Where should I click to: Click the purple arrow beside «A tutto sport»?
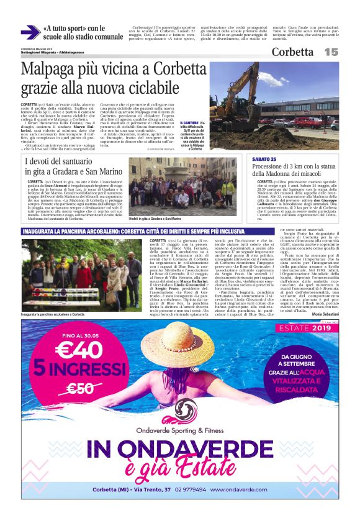tap(30, 32)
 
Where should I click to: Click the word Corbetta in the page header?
tap(292, 52)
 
